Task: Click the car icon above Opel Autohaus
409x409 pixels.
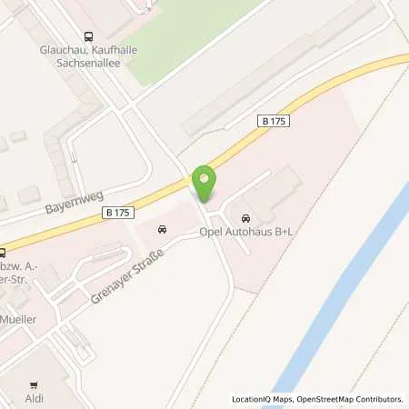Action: pyautogui.click(x=245, y=219)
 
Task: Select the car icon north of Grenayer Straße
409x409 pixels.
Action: pyautogui.click(x=162, y=229)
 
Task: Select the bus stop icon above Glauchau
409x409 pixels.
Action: pyautogui.click(x=88, y=37)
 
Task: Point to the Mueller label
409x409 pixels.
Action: pyautogui.click(x=20, y=321)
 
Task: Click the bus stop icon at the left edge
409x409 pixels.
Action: pyautogui.click(x=4, y=254)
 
